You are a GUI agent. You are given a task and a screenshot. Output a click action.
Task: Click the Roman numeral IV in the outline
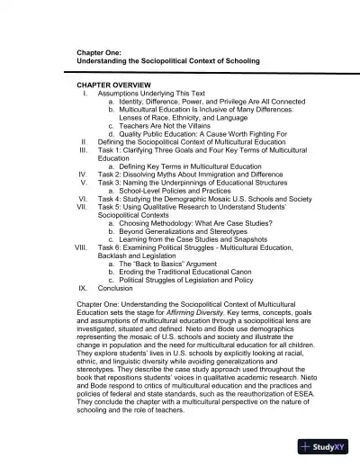coord(81,174)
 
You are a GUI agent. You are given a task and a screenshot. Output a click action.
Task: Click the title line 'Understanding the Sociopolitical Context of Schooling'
coord(168,60)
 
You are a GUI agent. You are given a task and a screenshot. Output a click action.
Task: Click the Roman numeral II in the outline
coord(83,141)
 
